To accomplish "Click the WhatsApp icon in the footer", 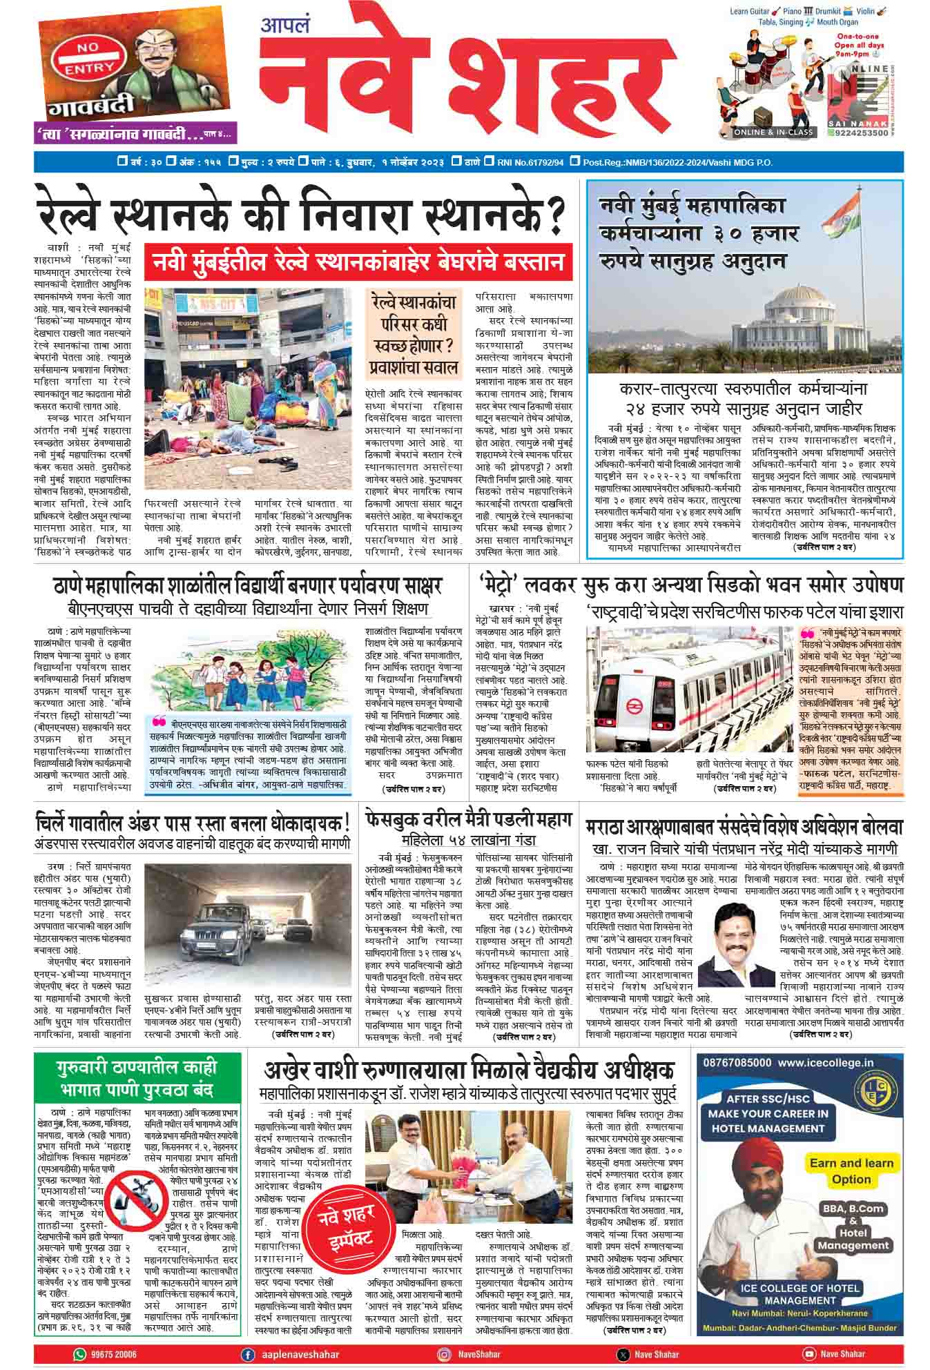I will pyautogui.click(x=81, y=1354).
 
